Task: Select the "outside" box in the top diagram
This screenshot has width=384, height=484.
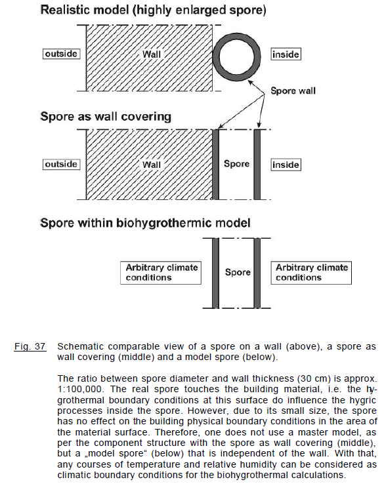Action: click(x=61, y=54)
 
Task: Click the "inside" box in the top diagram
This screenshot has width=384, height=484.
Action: click(x=286, y=54)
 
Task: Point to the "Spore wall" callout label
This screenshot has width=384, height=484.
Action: click(x=293, y=91)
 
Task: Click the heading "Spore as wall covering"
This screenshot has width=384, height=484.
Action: click(x=106, y=117)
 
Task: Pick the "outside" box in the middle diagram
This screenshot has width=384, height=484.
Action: click(x=61, y=164)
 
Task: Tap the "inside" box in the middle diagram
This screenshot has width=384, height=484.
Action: click(x=286, y=165)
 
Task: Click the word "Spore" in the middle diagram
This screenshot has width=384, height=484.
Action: click(x=236, y=164)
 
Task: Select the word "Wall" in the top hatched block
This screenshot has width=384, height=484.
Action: click(x=152, y=54)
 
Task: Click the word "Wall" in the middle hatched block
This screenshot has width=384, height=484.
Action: click(x=152, y=164)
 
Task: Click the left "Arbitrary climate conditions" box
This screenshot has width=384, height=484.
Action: click(x=162, y=273)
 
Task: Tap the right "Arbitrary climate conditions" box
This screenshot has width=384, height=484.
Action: click(x=311, y=273)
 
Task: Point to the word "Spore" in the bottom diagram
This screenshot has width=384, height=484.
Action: click(x=237, y=272)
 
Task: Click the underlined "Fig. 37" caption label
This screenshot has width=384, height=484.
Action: click(x=30, y=346)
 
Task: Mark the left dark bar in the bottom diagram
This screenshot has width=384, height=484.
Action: click(x=215, y=273)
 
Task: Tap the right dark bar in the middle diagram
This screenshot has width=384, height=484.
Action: click(x=258, y=164)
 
